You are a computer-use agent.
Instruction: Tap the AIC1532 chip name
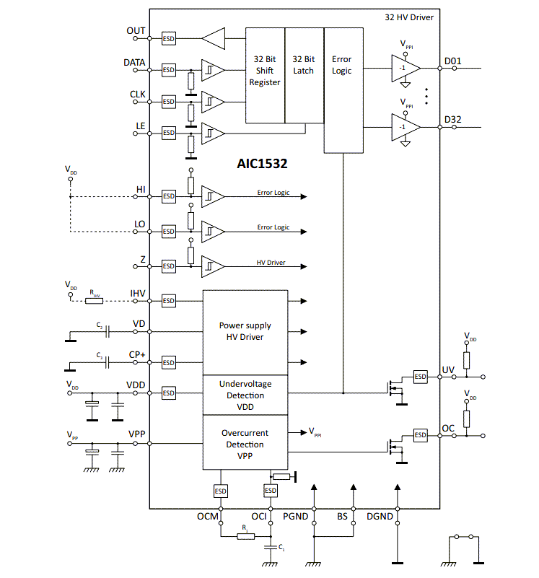coord(263,164)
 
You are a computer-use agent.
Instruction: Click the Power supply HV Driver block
coord(245,331)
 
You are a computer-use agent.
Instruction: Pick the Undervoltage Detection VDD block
coord(245,395)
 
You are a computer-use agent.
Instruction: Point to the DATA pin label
coord(134,63)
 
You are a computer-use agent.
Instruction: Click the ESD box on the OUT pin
coord(168,38)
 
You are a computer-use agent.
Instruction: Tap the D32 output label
coord(452,119)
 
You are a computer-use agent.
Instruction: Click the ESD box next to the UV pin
coord(420,376)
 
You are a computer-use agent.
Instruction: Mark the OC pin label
coord(448,429)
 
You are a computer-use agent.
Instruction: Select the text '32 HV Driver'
coord(408,17)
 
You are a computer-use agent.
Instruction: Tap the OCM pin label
coord(208,517)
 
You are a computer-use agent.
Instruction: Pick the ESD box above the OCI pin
coord(271,491)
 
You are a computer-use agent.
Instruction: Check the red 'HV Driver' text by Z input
coord(271,263)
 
